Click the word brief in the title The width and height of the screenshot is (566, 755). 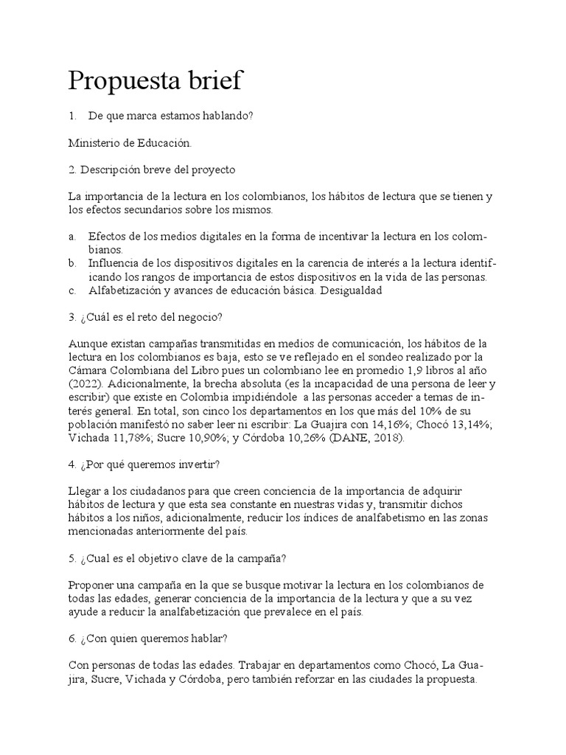[214, 80]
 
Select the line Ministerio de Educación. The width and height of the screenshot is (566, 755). [129, 142]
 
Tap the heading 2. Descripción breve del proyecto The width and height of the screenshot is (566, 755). [152, 170]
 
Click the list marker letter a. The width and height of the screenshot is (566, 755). [71, 237]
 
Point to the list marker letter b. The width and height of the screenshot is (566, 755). [71, 264]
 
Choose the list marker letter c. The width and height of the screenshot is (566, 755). [71, 290]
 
